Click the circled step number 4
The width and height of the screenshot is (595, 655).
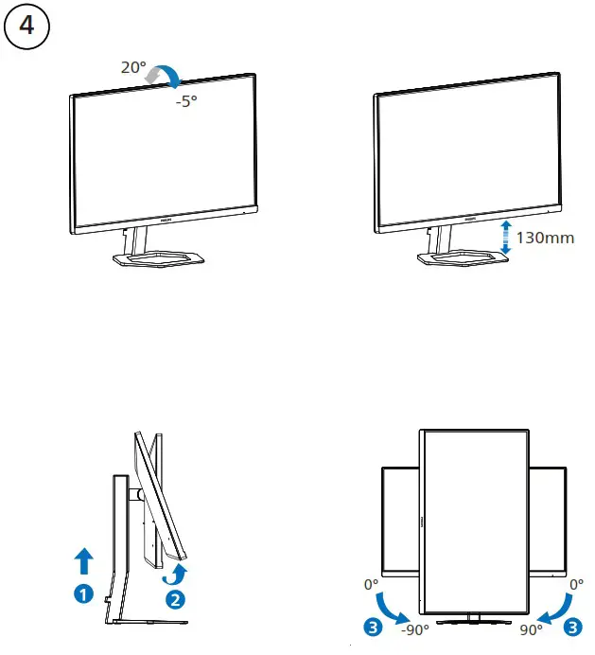[26, 27]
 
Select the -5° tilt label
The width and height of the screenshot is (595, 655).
[185, 101]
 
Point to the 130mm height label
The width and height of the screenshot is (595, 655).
[545, 237]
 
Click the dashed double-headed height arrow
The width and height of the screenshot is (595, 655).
[506, 237]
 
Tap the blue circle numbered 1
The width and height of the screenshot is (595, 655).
[85, 594]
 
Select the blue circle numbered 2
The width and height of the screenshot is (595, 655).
[175, 598]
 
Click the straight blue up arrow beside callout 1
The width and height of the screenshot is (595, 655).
[85, 560]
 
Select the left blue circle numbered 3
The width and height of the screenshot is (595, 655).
[374, 626]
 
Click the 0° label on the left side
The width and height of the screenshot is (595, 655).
[371, 585]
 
